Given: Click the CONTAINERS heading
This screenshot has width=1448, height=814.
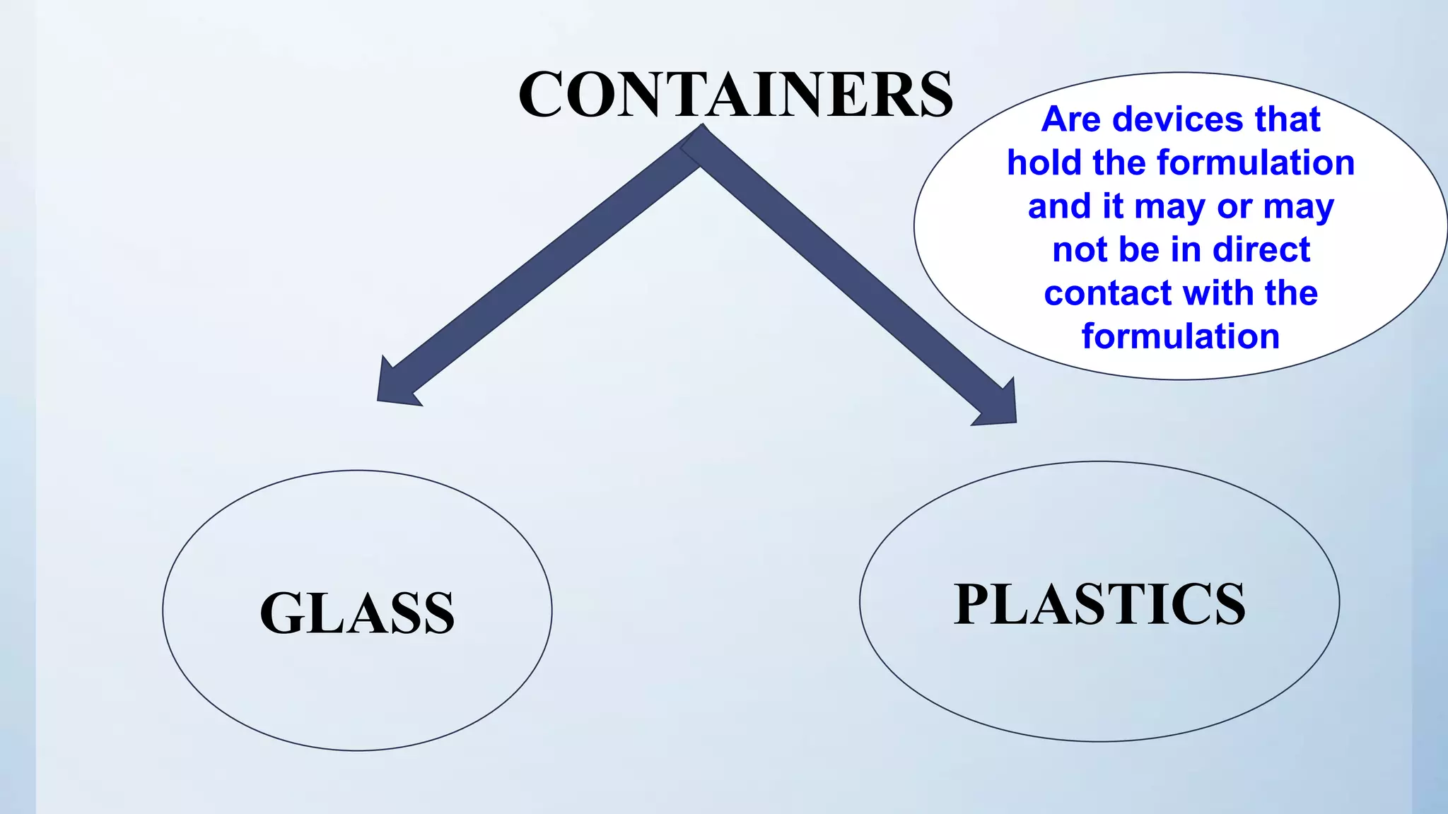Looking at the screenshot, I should (735, 95).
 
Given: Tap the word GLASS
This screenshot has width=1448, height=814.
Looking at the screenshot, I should (357, 613).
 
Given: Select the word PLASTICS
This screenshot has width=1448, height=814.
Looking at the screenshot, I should (1099, 605).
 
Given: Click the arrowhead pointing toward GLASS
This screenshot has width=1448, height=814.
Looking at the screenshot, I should (396, 386).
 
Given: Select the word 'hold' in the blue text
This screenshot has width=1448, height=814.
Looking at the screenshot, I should (1044, 163).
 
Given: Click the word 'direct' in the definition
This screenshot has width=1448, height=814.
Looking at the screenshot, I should (1261, 249).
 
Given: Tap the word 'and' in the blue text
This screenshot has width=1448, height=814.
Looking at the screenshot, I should (1057, 206).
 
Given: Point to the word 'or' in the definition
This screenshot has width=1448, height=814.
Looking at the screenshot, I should (1234, 206).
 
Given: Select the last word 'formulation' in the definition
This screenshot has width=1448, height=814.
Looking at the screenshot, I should (1181, 336).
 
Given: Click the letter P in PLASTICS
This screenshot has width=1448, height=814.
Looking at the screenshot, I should (975, 605).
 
